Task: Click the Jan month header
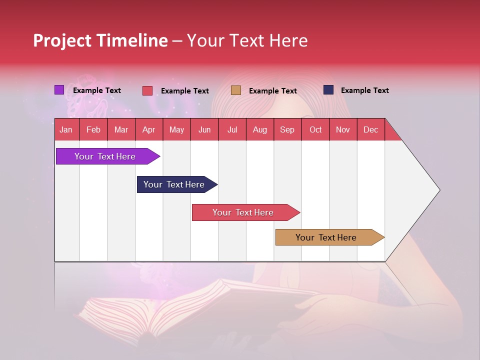[x=66, y=129]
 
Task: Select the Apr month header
[x=149, y=129]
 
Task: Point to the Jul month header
[x=232, y=129]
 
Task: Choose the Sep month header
[x=287, y=129]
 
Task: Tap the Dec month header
[x=370, y=129]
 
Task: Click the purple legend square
[x=59, y=90]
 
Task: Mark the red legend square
[x=147, y=90]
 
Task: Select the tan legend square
[x=236, y=90]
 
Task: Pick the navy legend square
[x=328, y=90]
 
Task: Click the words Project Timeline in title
[x=100, y=40]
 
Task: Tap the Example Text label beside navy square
[x=364, y=90]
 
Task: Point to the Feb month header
[x=93, y=129]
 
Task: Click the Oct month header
[x=315, y=129]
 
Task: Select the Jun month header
[x=204, y=129]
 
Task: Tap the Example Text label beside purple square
[x=97, y=90]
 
